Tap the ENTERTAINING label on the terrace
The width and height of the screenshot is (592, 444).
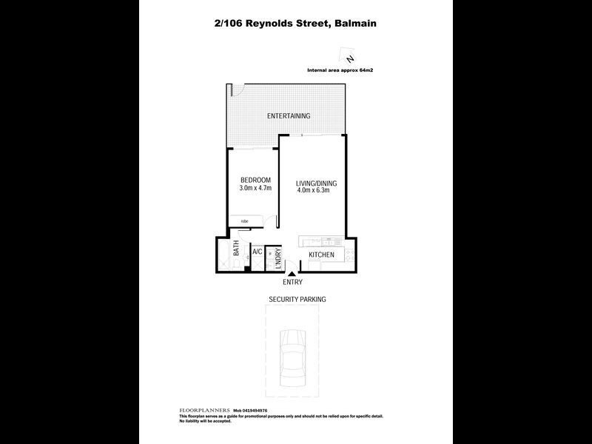289,116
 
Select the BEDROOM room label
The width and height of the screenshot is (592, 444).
255,181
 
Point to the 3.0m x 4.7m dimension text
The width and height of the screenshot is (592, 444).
255,189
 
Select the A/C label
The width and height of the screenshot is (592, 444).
257,252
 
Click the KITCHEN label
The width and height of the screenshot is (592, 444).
321,255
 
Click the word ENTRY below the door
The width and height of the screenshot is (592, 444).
292,283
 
